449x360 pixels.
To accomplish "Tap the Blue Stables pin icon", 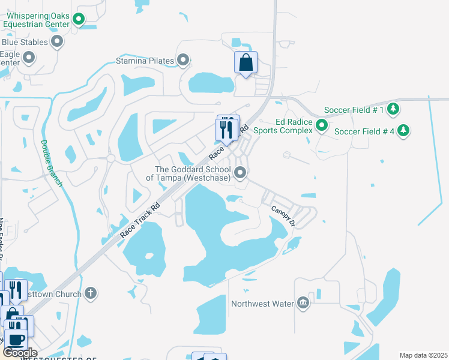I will pos(58,41).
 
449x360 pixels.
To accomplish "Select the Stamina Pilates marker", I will pos(184,60).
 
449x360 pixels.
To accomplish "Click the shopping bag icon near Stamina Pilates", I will pos(246,62).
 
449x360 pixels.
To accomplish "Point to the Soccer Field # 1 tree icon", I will pos(393,109).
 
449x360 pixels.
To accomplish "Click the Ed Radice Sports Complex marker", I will pos(322,125).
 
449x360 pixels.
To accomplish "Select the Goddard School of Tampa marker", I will pos(241,173).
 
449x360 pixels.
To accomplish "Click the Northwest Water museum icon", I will pos(303,303).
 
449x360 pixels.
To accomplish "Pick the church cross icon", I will pos(91,293).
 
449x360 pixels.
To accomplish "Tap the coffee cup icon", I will pos(17,340).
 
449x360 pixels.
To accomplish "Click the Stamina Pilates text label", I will pos(145,61).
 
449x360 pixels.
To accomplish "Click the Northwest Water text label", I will pos(262,304).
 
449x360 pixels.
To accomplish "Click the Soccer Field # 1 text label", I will pos(354,110).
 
